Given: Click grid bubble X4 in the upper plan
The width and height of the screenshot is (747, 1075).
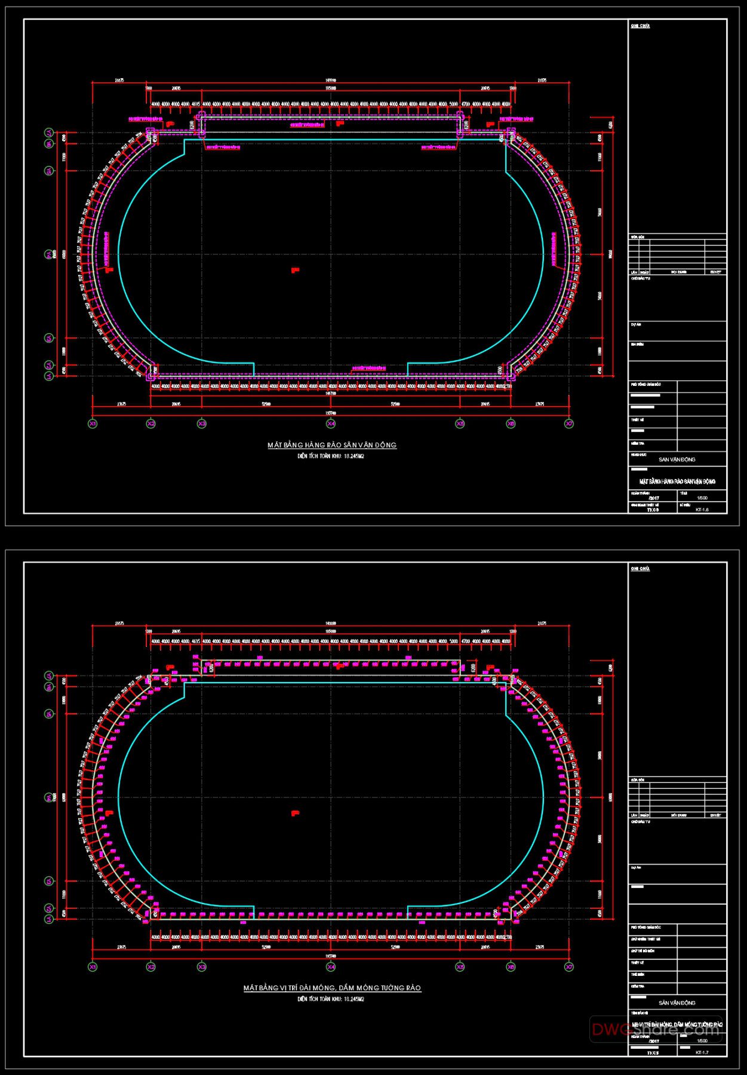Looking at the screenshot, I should (x=331, y=423).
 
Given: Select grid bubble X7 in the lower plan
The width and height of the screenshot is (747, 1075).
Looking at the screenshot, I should (x=569, y=966).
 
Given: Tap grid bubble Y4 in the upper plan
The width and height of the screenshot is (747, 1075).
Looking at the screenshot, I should (x=49, y=254).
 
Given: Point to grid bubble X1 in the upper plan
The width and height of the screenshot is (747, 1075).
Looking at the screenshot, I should (x=93, y=423).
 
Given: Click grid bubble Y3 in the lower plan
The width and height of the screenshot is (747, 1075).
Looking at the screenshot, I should (x=49, y=881).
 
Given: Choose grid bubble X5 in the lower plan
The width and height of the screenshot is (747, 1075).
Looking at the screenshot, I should (x=460, y=966).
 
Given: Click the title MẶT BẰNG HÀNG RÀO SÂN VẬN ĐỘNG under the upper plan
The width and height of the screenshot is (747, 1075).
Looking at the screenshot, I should (x=332, y=445).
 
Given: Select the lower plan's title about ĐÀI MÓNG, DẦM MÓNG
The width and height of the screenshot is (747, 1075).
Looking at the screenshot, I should (x=332, y=988).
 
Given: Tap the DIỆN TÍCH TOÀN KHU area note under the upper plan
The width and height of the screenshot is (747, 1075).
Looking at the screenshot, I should (x=331, y=456).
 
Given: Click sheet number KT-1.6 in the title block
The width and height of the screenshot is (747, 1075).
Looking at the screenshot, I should (x=702, y=509).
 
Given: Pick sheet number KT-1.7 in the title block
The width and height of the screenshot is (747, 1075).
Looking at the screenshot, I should (x=702, y=1052).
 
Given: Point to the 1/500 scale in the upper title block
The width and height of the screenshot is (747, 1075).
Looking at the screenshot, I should (x=702, y=497).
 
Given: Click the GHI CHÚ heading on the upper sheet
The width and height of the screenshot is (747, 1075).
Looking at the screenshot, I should (x=640, y=26).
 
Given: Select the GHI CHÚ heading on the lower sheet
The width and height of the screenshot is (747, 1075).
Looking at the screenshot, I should (x=640, y=569).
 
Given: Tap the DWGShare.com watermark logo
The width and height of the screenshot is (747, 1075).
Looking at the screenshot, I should (x=656, y=1029).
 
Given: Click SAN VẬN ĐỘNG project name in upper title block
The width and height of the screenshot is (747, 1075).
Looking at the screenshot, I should (x=677, y=460).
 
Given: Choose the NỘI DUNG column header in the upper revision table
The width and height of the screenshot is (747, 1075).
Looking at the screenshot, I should (x=679, y=272).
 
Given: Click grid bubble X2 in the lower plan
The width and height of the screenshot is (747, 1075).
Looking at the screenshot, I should (x=151, y=966).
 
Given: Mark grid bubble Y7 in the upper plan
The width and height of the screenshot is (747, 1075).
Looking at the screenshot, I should (x=49, y=133).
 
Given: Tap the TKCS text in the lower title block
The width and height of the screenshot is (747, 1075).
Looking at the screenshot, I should (x=653, y=1053).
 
